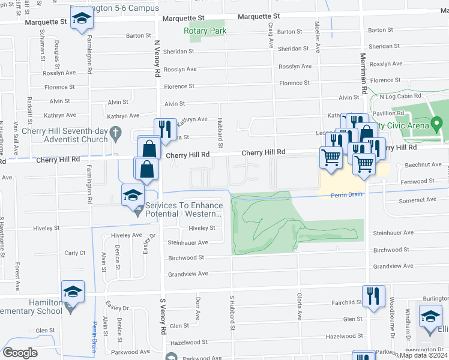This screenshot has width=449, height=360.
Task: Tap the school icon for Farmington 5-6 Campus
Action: (x=82, y=19)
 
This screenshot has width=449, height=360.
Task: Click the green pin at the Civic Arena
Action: (x=436, y=125)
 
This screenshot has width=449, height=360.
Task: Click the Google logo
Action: (x=20, y=353)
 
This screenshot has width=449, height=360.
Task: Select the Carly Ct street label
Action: (x=75, y=253)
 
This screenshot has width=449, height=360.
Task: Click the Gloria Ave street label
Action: (x=298, y=306)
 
